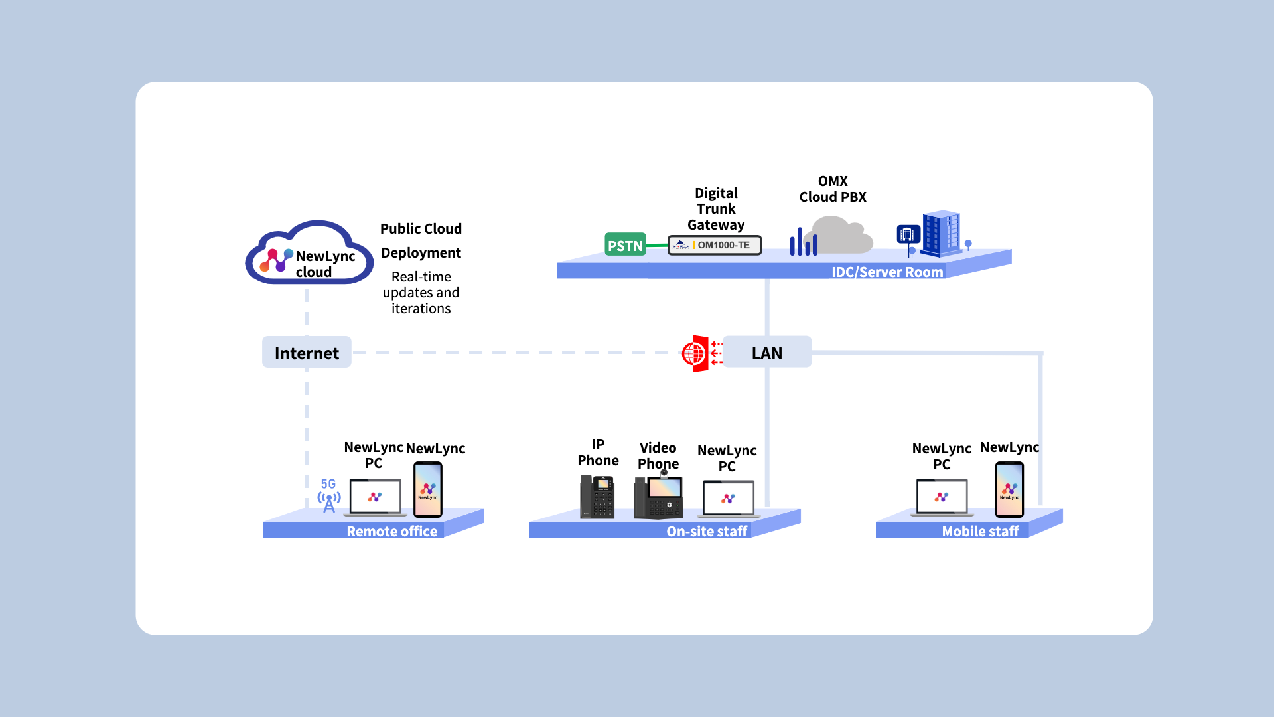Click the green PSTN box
click(625, 245)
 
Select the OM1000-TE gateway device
click(715, 245)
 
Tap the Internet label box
click(307, 353)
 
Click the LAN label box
click(766, 353)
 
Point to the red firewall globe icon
click(695, 353)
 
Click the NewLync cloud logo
click(309, 254)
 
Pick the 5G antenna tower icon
click(328, 497)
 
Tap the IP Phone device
click(597, 497)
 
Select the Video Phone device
click(658, 497)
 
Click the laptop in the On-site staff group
click(728, 499)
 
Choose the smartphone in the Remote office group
click(428, 490)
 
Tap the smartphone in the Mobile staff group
click(1009, 490)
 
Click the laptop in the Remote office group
click(375, 497)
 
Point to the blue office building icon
click(940, 233)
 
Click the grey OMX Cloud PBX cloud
click(839, 236)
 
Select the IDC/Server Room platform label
click(886, 272)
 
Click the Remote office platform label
click(391, 531)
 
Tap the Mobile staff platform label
click(980, 531)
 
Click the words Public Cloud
click(421, 229)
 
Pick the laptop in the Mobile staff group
click(942, 497)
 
